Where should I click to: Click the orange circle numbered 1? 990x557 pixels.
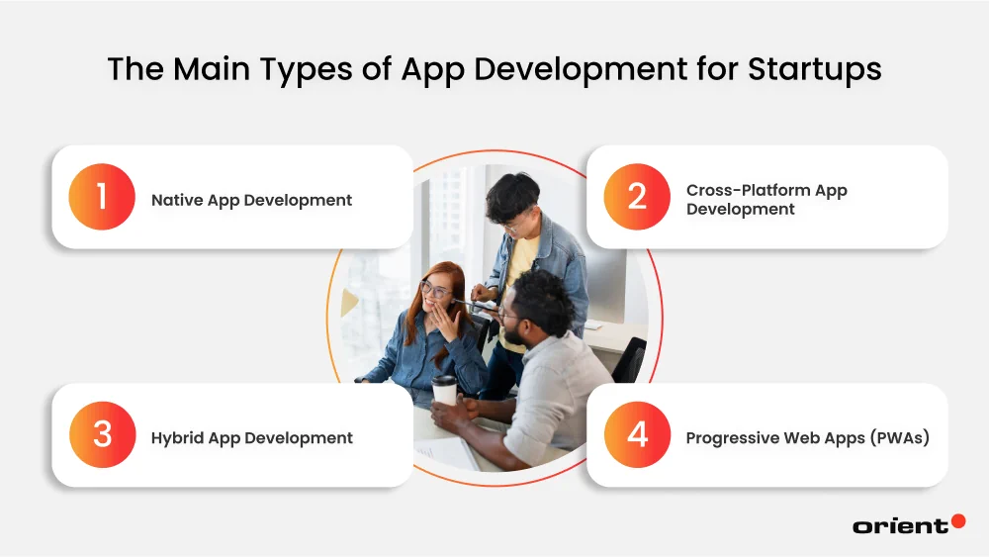102,197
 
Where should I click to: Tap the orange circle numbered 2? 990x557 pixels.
637,197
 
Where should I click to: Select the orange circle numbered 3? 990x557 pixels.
102,435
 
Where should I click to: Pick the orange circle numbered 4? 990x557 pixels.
637,435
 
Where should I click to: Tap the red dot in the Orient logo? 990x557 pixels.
957,520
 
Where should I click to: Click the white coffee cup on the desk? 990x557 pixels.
445,390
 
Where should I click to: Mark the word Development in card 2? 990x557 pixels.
741,210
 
